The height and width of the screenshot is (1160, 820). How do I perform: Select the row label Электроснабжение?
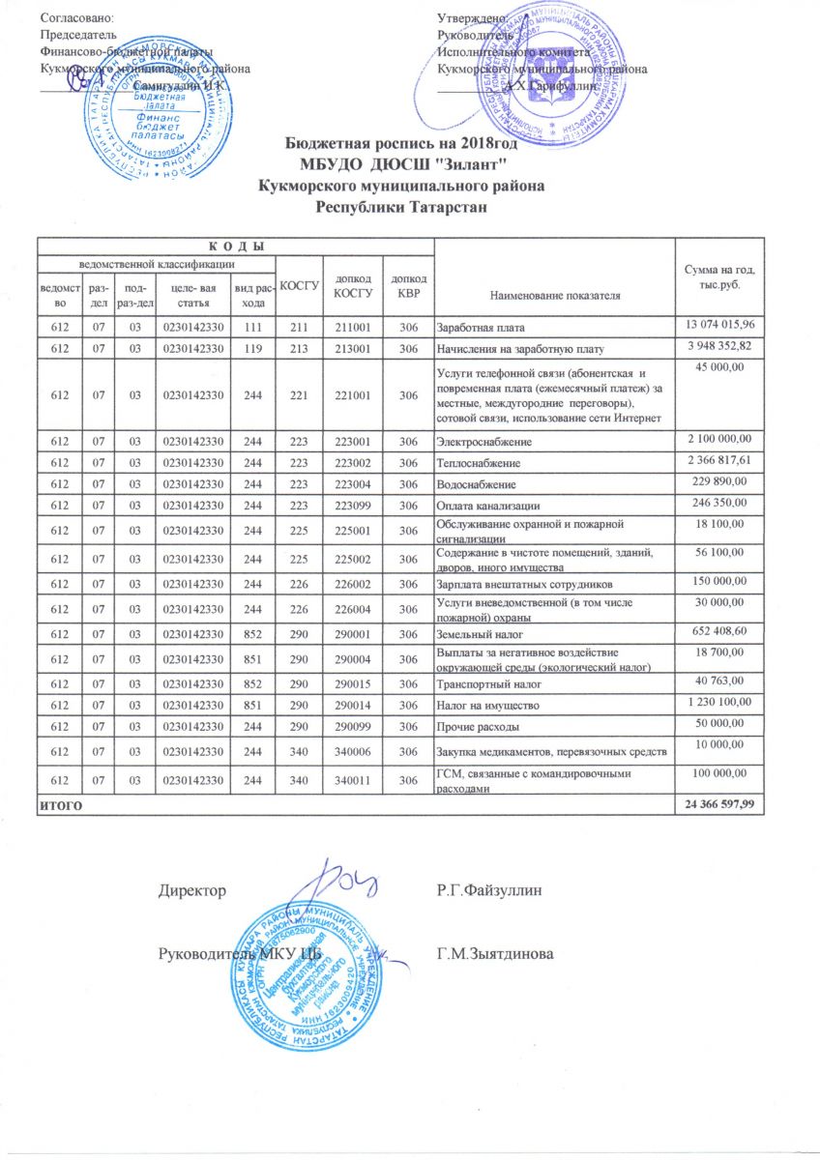click(480, 441)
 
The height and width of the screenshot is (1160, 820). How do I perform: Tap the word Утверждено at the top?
click(473, 18)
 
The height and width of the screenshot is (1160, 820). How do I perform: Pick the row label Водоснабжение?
click(476, 483)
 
